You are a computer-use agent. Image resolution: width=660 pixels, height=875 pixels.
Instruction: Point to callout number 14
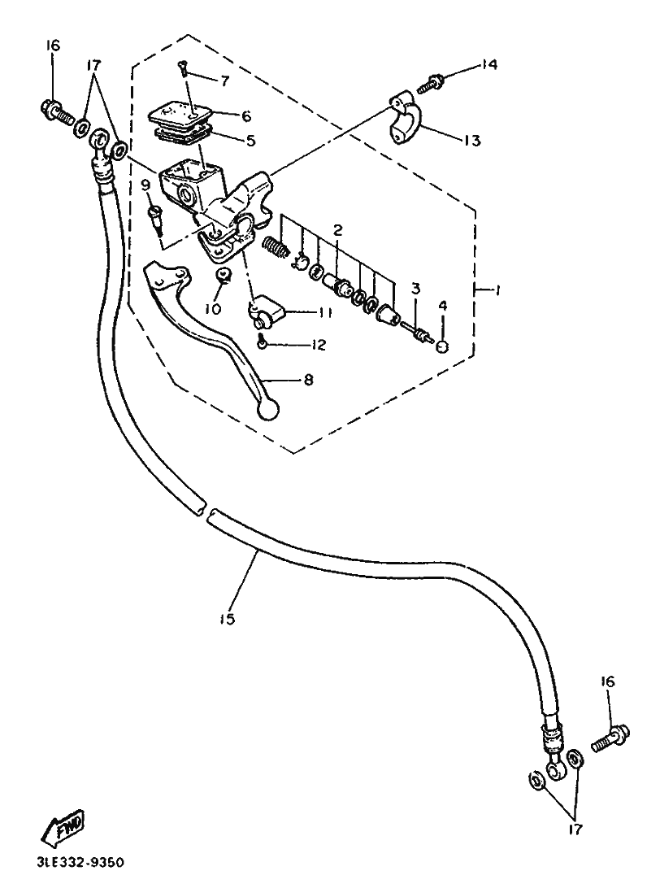click(x=489, y=65)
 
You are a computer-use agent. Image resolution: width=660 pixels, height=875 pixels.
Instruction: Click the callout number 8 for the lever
click(x=309, y=379)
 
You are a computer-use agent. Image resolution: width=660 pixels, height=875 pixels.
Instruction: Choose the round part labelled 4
click(x=442, y=347)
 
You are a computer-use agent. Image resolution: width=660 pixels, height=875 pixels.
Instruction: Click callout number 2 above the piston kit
click(x=337, y=230)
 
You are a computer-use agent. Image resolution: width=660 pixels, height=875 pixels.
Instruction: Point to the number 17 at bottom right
click(x=575, y=831)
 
